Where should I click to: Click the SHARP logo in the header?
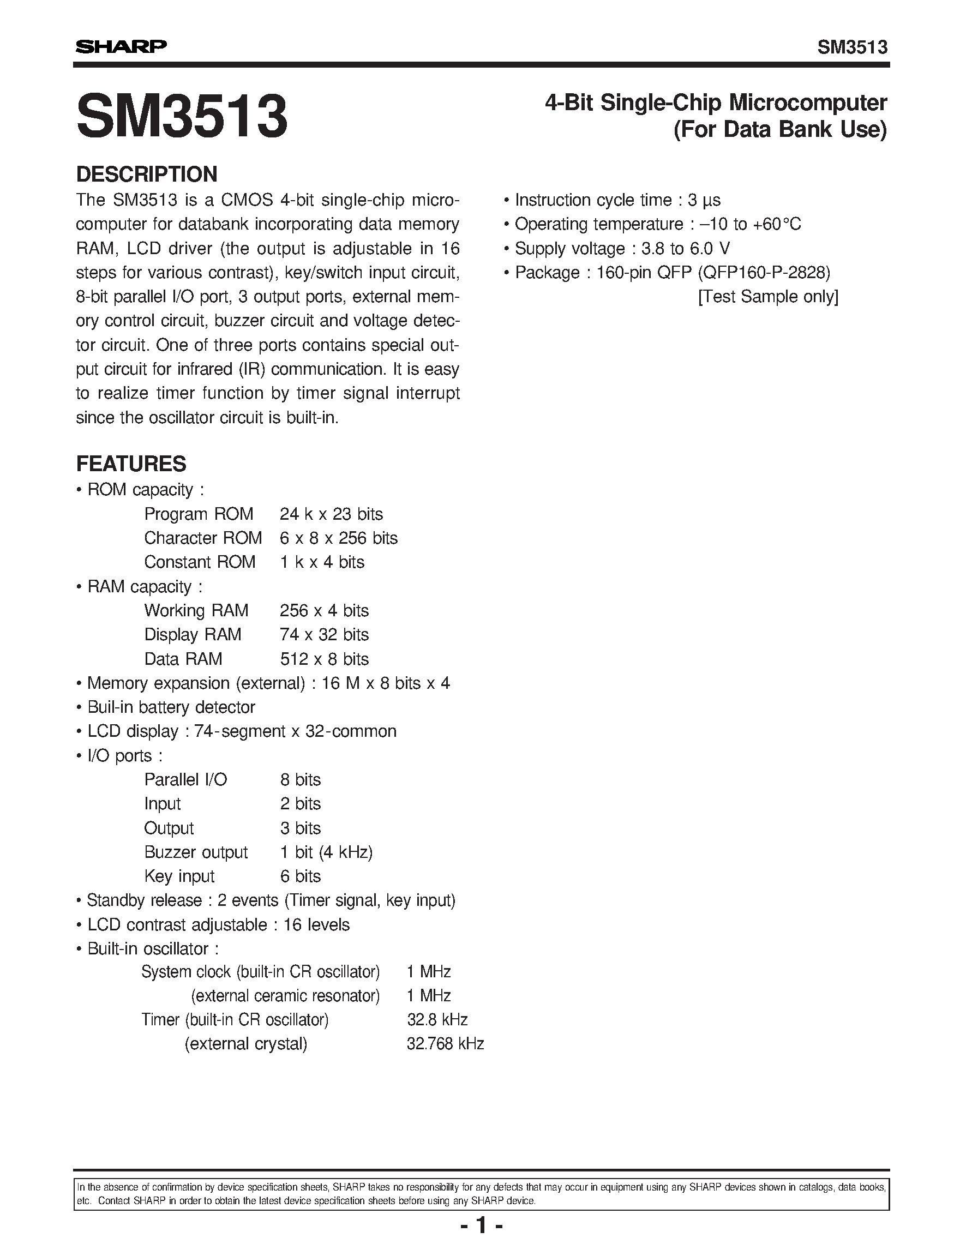[x=121, y=46]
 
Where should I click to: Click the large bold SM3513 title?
[x=182, y=117]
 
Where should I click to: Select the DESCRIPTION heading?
[x=147, y=174]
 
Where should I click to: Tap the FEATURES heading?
[x=131, y=464]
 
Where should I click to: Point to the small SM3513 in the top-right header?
[x=852, y=47]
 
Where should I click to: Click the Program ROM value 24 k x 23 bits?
[x=331, y=514]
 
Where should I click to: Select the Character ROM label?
[x=202, y=538]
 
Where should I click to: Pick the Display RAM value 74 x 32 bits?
[x=324, y=635]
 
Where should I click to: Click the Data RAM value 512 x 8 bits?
[x=324, y=659]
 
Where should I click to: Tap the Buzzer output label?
[x=196, y=852]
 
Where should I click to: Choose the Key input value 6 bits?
[x=300, y=876]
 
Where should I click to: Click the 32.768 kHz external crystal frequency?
[x=445, y=1044]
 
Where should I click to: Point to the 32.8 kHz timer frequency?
[x=437, y=1020]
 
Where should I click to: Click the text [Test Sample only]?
[x=768, y=297]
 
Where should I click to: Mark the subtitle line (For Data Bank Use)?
[x=780, y=129]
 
